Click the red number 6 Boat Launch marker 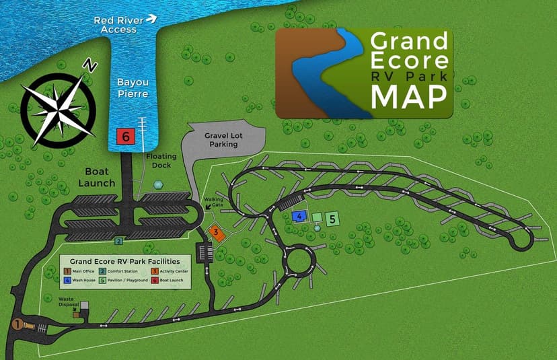125,136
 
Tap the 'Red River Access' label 118,25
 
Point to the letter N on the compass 88,65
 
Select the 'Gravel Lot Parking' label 221,139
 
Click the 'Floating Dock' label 161,159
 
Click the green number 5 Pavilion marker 331,219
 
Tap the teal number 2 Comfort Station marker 118,240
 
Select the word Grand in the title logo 409,42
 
